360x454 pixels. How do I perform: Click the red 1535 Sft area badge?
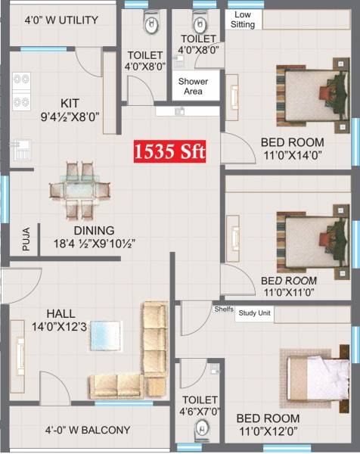click(170, 151)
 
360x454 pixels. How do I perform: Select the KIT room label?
click(71, 103)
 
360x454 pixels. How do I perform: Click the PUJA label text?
click(26, 241)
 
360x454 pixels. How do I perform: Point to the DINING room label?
click(94, 231)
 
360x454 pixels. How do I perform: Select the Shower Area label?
click(193, 86)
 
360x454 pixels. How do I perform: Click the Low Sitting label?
click(243, 20)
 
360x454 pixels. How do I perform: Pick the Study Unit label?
click(255, 312)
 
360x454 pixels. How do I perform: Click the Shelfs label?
click(223, 309)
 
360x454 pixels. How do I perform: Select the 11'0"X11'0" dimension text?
click(288, 291)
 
